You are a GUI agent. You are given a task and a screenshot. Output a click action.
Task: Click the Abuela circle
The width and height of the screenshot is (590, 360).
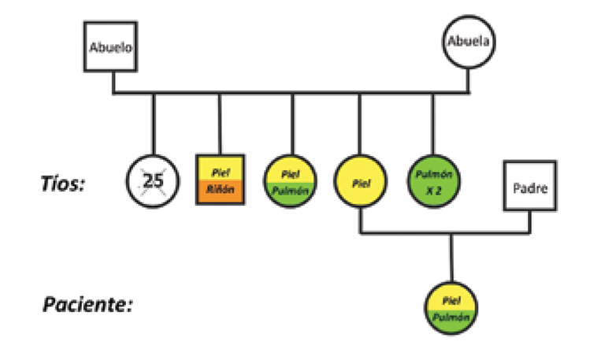(470, 40)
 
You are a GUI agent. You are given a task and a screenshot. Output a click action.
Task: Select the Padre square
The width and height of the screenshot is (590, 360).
(530, 187)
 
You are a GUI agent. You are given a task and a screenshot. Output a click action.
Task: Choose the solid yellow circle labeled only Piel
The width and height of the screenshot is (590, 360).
(361, 181)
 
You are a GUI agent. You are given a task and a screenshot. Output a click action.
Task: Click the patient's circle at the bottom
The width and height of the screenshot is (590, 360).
(451, 308)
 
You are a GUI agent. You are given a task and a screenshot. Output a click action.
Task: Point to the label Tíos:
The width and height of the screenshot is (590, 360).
(63, 184)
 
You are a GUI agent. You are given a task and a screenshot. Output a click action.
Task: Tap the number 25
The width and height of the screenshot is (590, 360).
(154, 180)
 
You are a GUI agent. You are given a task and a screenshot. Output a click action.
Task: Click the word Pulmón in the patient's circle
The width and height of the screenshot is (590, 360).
(451, 317)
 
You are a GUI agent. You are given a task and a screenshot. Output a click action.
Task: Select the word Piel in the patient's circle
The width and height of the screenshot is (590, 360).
(451, 300)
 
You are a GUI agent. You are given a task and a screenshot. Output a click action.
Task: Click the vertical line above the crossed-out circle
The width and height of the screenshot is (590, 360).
(153, 122)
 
